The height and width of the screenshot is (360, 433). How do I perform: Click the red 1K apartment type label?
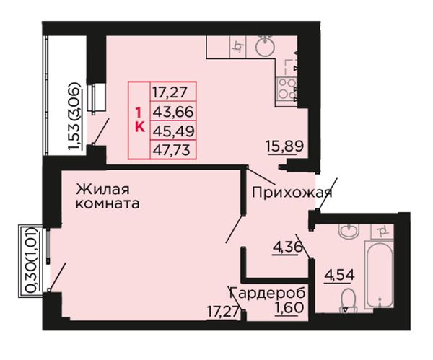point(140,120)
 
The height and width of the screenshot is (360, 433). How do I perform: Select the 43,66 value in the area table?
point(173,112)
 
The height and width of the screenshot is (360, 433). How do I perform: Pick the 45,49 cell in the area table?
point(173,131)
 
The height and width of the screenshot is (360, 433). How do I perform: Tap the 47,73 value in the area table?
point(172,150)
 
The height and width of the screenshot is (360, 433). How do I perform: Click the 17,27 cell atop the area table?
point(170,92)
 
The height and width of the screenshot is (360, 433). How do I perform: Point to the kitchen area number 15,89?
point(285,146)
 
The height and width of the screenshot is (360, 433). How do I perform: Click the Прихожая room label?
point(292,193)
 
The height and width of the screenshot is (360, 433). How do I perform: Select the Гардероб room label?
point(267,293)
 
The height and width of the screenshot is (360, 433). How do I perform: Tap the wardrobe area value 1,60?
point(289,307)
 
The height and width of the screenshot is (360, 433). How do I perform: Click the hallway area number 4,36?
point(287,247)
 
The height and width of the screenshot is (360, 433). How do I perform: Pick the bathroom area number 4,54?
point(339,275)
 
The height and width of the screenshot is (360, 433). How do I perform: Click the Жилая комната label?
point(108,196)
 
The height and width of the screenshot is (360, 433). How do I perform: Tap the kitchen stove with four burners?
point(287,88)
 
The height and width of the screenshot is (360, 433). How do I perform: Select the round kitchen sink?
point(265,45)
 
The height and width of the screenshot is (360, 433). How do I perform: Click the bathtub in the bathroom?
point(379,274)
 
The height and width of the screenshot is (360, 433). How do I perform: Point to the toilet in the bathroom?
point(349,300)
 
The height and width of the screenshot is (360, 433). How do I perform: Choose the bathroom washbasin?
point(349,231)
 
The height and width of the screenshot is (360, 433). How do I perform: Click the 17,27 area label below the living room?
point(223,312)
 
